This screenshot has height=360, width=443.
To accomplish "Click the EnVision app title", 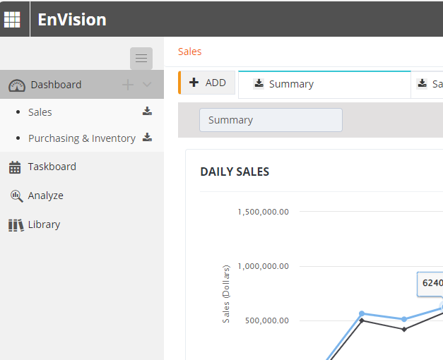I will [71, 19].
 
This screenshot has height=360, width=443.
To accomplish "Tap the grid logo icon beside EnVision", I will [13, 19].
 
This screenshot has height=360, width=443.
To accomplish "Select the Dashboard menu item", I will [56, 85].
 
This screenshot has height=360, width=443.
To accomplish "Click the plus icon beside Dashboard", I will [128, 85].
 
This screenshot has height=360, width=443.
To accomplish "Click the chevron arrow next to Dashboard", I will [147, 85].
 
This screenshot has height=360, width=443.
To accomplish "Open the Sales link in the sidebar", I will [40, 112].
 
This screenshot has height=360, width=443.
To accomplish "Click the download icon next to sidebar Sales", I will [147, 112].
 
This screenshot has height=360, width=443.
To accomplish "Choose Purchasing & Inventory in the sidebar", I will [82, 138].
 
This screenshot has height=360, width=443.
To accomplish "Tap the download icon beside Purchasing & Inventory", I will [147, 138].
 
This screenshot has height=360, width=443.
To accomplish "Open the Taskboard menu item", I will [52, 167].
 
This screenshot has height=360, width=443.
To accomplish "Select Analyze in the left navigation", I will [45, 196].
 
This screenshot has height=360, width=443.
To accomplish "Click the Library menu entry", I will [44, 224].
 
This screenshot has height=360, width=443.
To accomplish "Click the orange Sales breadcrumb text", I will [189, 52].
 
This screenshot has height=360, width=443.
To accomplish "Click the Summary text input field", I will [271, 120].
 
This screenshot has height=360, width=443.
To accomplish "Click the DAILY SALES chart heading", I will [235, 172].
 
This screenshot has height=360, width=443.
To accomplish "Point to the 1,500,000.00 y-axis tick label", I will [263, 212].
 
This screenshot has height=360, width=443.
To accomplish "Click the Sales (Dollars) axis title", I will [226, 294].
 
